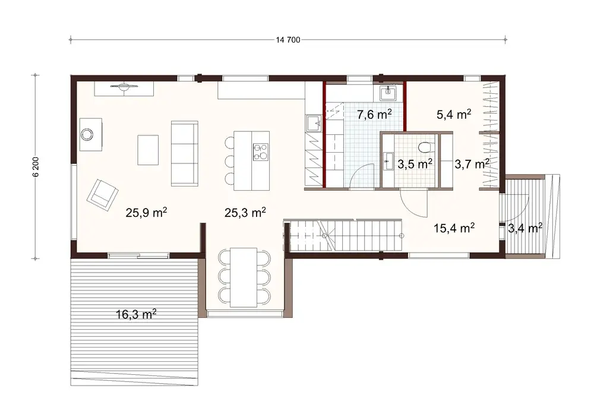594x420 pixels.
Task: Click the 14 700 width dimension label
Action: click(288, 40)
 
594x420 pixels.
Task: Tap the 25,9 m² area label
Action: click(146, 212)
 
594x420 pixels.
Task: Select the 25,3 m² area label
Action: click(245, 212)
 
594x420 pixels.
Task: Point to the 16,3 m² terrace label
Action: click(136, 314)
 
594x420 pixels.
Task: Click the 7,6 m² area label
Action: click(373, 114)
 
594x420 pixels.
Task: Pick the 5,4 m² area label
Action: click(454, 115)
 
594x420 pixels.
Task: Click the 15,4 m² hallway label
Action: click(453, 227)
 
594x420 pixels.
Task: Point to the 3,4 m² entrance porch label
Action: click(525, 228)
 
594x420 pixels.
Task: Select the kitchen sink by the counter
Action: click(313, 123)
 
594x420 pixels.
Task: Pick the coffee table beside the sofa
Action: click(148, 150)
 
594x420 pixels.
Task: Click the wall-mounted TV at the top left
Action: click(124, 88)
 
